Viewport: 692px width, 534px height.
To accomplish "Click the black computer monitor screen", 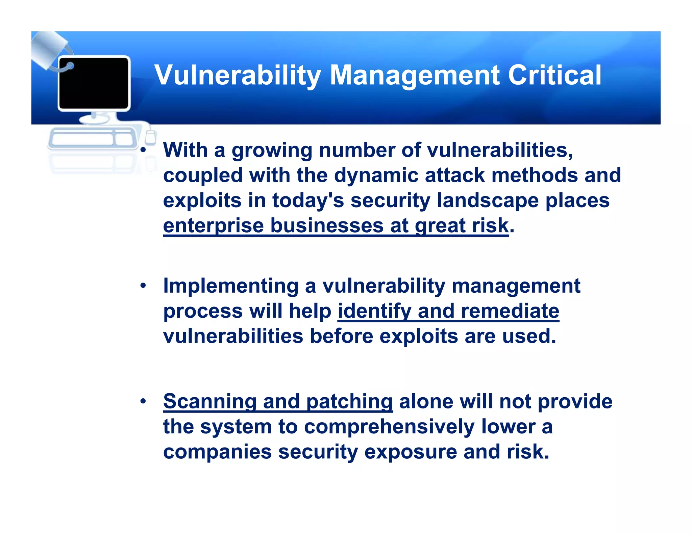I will [94, 83].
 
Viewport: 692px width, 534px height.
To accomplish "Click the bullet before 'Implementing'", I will [143, 286].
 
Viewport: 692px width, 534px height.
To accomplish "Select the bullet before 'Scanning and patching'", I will [143, 401].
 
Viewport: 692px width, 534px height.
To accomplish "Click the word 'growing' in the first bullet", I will [272, 151].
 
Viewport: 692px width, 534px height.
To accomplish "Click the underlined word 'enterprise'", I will [213, 226].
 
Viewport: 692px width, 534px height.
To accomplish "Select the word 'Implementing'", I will [231, 286].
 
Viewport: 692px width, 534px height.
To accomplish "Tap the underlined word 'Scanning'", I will [210, 401].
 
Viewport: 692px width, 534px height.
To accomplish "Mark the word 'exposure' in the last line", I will [410, 452].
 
